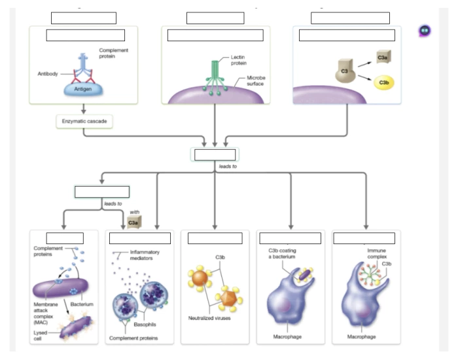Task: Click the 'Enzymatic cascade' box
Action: (x=84, y=122)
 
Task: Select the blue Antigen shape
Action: (x=82, y=88)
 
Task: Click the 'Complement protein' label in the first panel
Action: (x=113, y=53)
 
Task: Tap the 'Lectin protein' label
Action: (x=239, y=60)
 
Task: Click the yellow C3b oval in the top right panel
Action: (x=383, y=82)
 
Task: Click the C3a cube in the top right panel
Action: (x=383, y=58)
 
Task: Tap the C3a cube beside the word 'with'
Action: (x=133, y=223)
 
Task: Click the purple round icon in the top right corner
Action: (x=425, y=30)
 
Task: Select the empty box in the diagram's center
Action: (x=215, y=155)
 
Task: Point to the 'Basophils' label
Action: (x=145, y=325)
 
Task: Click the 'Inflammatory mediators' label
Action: (x=144, y=255)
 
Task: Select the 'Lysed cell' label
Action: (x=41, y=335)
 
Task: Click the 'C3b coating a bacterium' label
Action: (x=282, y=253)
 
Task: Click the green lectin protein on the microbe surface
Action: (x=215, y=75)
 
